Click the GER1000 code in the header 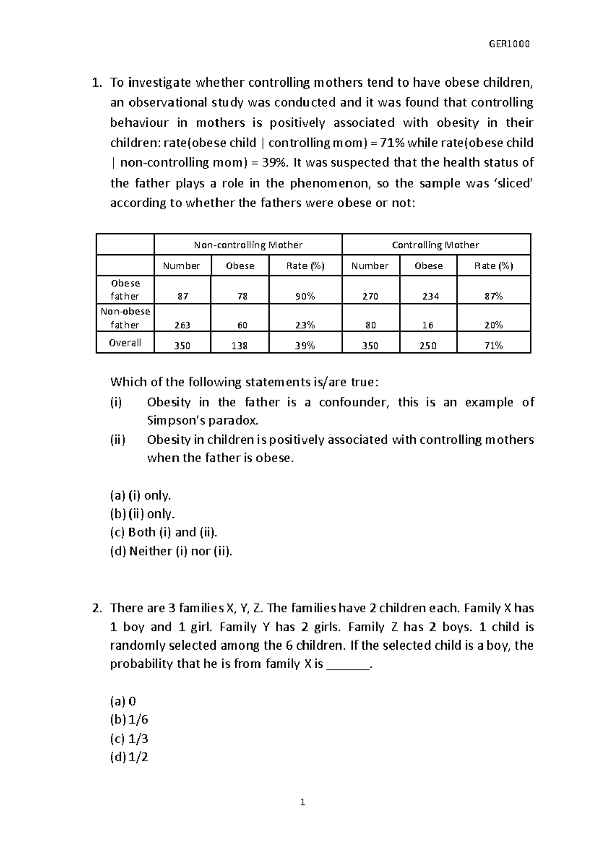[x=509, y=44]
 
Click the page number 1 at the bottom [x=303, y=802]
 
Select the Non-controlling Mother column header [x=248, y=245]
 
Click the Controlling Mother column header [x=436, y=245]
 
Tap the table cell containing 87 [x=182, y=296]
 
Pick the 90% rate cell [x=305, y=296]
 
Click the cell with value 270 [x=370, y=296]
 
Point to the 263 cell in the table [x=182, y=325]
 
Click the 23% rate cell [x=305, y=325]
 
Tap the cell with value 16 [x=428, y=325]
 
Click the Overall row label [x=125, y=343]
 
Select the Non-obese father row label [x=125, y=318]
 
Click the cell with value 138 [x=240, y=346]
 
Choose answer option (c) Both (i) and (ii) [x=164, y=532]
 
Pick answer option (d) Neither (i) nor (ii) [x=171, y=551]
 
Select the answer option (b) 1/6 [x=129, y=720]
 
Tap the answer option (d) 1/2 [x=129, y=757]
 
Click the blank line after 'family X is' [x=349, y=665]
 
